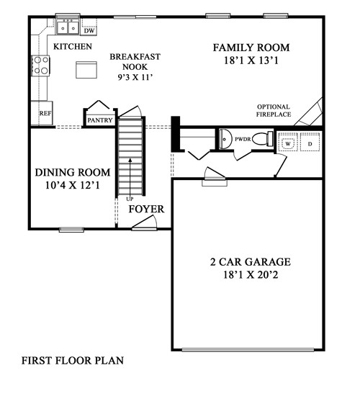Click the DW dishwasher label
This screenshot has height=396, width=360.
coord(89,31)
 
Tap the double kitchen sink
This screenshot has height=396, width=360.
coord(68,27)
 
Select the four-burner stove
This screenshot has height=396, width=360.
coord(40,66)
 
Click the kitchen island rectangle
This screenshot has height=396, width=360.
coord(86,70)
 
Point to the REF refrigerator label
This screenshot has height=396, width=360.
coord(45,113)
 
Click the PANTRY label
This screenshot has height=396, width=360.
coord(100,120)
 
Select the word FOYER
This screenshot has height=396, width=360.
coord(146,209)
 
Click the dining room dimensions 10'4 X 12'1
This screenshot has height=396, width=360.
coord(73,185)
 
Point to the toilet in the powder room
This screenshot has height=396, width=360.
coord(263,139)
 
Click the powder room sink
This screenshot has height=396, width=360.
coord(225,139)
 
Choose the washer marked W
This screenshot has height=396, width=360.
coord(288,142)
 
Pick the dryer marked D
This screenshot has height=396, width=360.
coord(310,142)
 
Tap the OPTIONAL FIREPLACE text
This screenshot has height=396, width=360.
coord(274,111)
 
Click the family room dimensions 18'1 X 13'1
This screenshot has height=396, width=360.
coord(251,60)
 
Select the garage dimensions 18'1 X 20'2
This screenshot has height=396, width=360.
coord(251,274)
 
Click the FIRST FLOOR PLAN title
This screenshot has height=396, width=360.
coord(73,361)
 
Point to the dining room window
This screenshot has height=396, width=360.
coord(71,229)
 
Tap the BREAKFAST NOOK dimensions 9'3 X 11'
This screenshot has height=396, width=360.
coord(135,77)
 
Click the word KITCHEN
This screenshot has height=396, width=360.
coord(73,47)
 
